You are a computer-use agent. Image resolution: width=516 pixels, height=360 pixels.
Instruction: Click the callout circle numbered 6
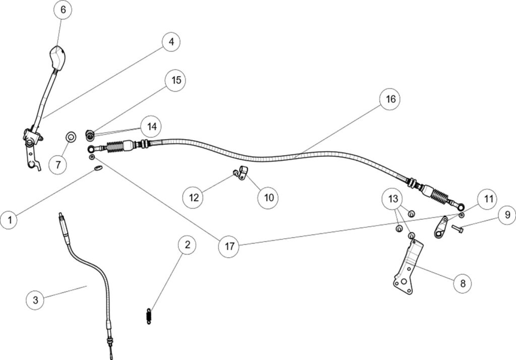tap(62, 10)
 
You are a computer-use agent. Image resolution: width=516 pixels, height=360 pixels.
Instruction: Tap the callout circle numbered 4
tap(171, 42)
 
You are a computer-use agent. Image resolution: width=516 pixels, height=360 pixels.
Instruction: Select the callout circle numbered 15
tap(175, 81)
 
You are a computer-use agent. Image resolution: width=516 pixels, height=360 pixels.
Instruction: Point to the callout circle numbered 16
tap(390, 99)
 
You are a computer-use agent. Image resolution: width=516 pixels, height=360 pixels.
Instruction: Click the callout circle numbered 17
tap(230, 247)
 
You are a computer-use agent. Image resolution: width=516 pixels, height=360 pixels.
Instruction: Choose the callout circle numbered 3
tap(35, 300)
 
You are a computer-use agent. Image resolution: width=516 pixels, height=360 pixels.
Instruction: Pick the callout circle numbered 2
tap(187, 246)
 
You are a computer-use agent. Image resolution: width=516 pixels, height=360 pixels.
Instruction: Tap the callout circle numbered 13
tap(393, 199)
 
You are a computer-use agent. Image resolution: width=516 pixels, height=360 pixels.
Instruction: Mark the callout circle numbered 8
tap(463, 283)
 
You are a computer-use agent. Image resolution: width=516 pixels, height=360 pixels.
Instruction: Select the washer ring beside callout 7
tap(72, 136)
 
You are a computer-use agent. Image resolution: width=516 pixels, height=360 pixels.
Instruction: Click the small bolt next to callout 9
tap(457, 229)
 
